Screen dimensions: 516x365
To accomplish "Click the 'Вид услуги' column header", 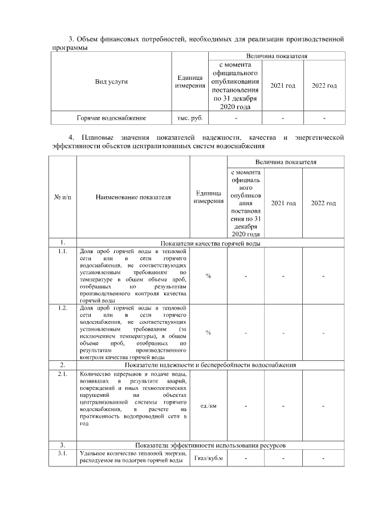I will pos(111,82).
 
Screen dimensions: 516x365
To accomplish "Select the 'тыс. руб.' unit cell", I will pos(190,118).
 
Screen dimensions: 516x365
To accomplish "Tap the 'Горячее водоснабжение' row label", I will pos(111,118).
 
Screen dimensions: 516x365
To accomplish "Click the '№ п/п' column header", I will pos(62,197).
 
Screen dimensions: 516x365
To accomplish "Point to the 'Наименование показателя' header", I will pos(133,197).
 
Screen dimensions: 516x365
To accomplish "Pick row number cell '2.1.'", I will pos(62,374).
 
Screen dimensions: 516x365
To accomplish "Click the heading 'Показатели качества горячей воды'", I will pos(211,243).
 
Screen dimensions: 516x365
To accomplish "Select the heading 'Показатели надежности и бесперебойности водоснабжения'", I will pos(211,364).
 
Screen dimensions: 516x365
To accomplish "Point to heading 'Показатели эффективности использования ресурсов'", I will pos(211,445).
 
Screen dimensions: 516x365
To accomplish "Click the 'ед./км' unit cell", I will pos(208,406).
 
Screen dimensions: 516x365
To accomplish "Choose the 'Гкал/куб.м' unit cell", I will pos(208,458).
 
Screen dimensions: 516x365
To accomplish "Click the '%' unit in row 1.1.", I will pos(208,276).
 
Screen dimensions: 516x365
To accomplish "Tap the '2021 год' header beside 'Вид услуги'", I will pos(282,86).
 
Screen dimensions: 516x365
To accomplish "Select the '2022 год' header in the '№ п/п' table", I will pos(323,203).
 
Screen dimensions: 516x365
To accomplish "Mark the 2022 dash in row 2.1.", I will pos(323,406).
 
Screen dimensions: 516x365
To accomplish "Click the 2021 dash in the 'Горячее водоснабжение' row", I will pos(282,118).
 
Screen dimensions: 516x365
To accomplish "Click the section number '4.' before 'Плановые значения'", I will pos(71,138).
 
